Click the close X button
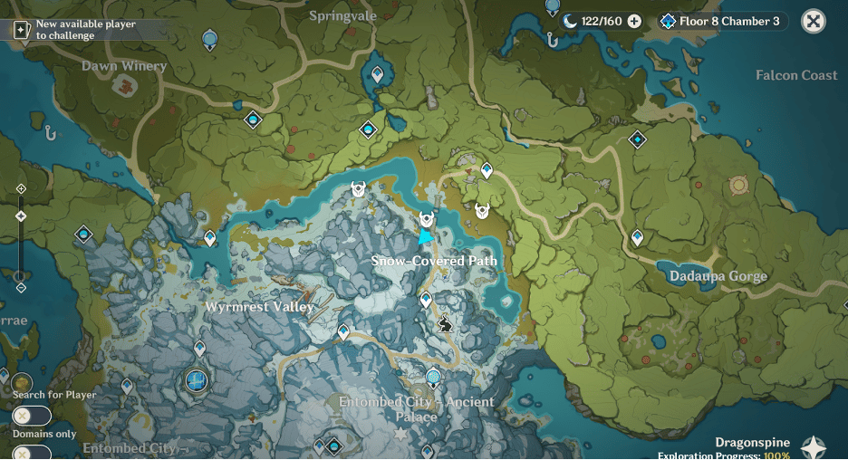tap(814, 21)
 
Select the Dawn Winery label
tap(124, 66)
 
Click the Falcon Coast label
tap(795, 75)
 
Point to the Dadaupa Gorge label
tap(718, 276)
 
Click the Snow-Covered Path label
tap(434, 261)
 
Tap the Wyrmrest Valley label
tap(259, 306)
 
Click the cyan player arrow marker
tap(425, 236)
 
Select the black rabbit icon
tap(445, 323)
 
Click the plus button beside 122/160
tap(634, 21)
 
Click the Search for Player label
tap(54, 395)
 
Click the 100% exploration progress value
tap(776, 455)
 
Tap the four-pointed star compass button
tap(814, 447)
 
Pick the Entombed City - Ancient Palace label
tap(416, 409)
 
